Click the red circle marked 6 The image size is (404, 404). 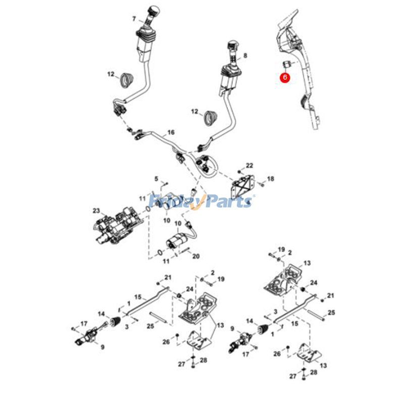click(x=285, y=77)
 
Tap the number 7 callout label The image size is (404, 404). click(x=134, y=19)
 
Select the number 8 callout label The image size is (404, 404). click(x=245, y=56)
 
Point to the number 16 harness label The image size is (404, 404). click(x=171, y=132)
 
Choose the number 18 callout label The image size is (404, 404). click(x=271, y=179)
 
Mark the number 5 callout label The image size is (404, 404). click(x=156, y=178)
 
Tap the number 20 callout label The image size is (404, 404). click(x=196, y=256)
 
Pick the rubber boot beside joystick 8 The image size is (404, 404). click(x=210, y=117)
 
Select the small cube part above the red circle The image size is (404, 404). click(x=285, y=64)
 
